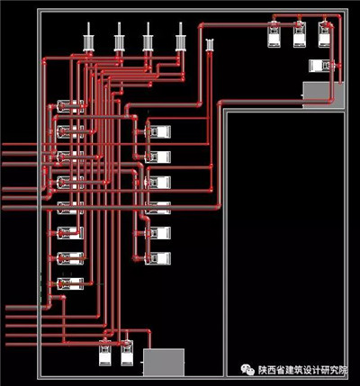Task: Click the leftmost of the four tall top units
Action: tap(88, 39)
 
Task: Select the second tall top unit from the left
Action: tap(120, 39)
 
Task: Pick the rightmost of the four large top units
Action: tap(181, 39)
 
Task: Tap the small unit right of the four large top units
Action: tap(210, 44)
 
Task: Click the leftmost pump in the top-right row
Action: tap(274, 34)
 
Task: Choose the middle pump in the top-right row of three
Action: tap(300, 34)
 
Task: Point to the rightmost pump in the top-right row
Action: tap(325, 34)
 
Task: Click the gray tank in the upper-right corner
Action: tap(323, 94)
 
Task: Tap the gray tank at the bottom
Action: tap(164, 362)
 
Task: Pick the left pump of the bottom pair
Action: tap(105, 353)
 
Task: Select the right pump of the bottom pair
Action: tap(127, 353)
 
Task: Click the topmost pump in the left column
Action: tap(70, 106)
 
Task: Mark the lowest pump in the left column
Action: tap(70, 283)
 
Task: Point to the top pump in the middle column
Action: tap(157, 131)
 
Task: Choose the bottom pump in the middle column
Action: tap(157, 258)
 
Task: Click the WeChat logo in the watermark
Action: tap(247, 370)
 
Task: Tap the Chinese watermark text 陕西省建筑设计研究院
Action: tap(302, 370)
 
